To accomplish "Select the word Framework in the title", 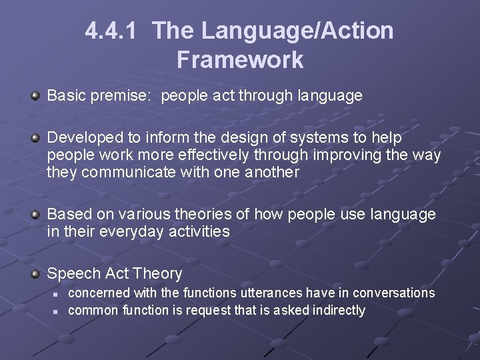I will point(240,60).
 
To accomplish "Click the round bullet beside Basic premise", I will point(35,96).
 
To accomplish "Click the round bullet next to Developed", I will point(35,138).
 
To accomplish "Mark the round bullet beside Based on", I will point(35,215).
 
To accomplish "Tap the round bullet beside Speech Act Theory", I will point(35,274).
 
